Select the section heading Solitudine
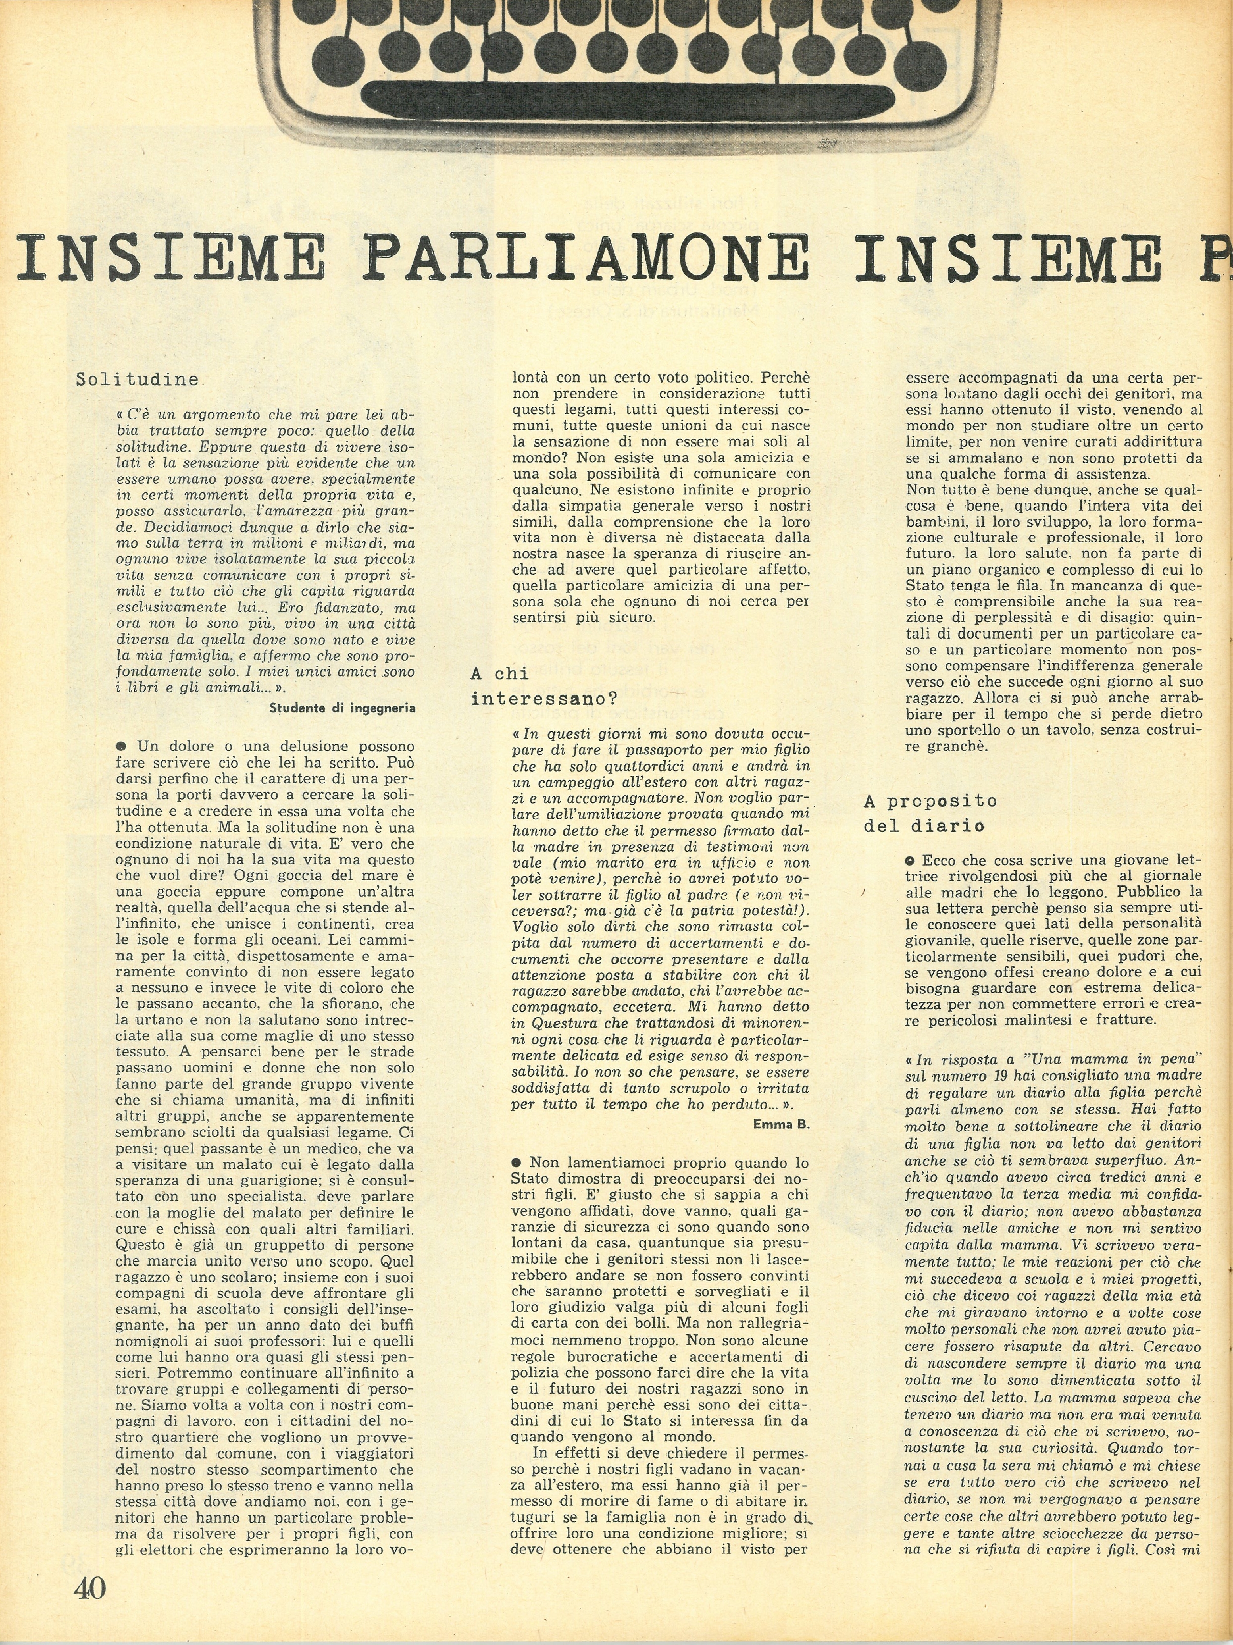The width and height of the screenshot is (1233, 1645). coord(138,379)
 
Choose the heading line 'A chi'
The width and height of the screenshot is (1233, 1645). coord(499,674)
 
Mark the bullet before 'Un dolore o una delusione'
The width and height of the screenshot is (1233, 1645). coord(120,746)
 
